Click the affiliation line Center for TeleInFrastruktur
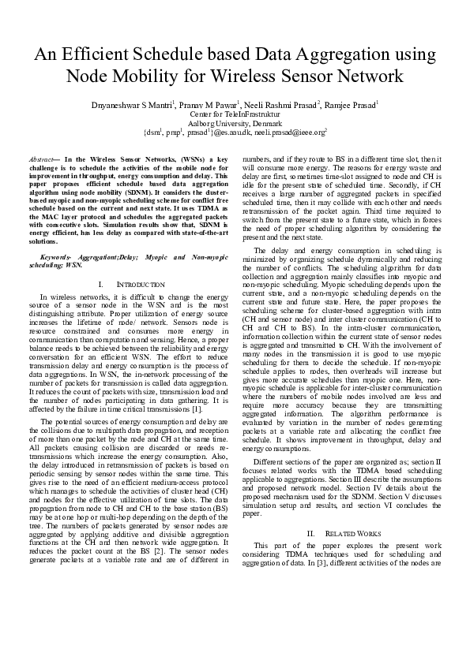pos(235,114)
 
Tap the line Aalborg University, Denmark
pos(235,124)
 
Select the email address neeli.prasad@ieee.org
pos(294,134)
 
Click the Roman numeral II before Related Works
pos(311,533)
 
